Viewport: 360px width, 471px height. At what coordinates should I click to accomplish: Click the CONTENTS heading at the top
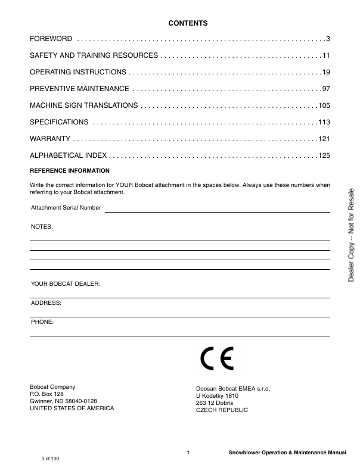point(188,23)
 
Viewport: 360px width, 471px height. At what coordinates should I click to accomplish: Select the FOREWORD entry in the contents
point(51,39)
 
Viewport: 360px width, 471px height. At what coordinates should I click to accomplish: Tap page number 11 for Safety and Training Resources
point(325,55)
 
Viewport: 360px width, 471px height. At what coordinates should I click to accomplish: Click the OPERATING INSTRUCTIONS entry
point(78,72)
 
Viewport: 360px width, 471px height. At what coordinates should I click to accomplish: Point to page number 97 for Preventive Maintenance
point(325,89)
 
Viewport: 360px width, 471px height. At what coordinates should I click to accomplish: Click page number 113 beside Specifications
point(324,122)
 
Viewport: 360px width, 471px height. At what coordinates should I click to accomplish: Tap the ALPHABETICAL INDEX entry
point(69,155)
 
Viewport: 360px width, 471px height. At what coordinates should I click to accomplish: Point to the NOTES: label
point(42,227)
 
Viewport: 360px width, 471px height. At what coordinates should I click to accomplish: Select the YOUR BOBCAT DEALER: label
point(66,284)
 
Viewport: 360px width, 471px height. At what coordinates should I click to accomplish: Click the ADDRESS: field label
point(46,303)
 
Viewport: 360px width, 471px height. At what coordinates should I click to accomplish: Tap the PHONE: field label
point(42,322)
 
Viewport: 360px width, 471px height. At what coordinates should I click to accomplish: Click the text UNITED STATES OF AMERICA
point(72,408)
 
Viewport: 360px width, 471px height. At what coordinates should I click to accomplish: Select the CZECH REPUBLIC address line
point(222,410)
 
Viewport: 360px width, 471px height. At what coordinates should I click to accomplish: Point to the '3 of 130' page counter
point(51,458)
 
